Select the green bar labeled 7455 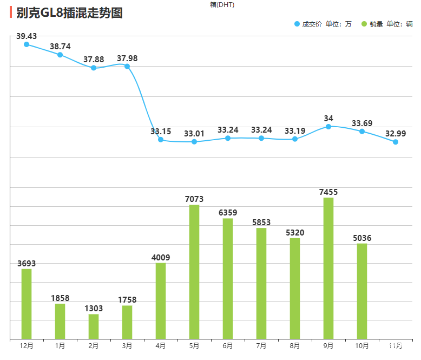coord(328,268)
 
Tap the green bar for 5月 coord(194,272)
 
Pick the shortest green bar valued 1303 coord(94,326)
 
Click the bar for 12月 coord(27,304)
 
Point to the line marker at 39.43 coord(27,44)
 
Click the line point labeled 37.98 coord(127,67)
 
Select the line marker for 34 coord(328,127)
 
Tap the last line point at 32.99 coord(396,142)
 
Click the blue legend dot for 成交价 coord(297,24)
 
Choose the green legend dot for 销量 coord(364,24)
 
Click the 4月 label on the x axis coord(161,345)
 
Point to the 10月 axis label coord(362,345)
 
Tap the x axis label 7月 coord(261,345)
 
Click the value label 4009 coord(161,258)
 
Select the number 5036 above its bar coord(362,238)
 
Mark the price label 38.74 coord(60,47)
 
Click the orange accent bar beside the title coord(11,12)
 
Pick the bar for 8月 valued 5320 coord(295,289)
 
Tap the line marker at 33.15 coord(161,140)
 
